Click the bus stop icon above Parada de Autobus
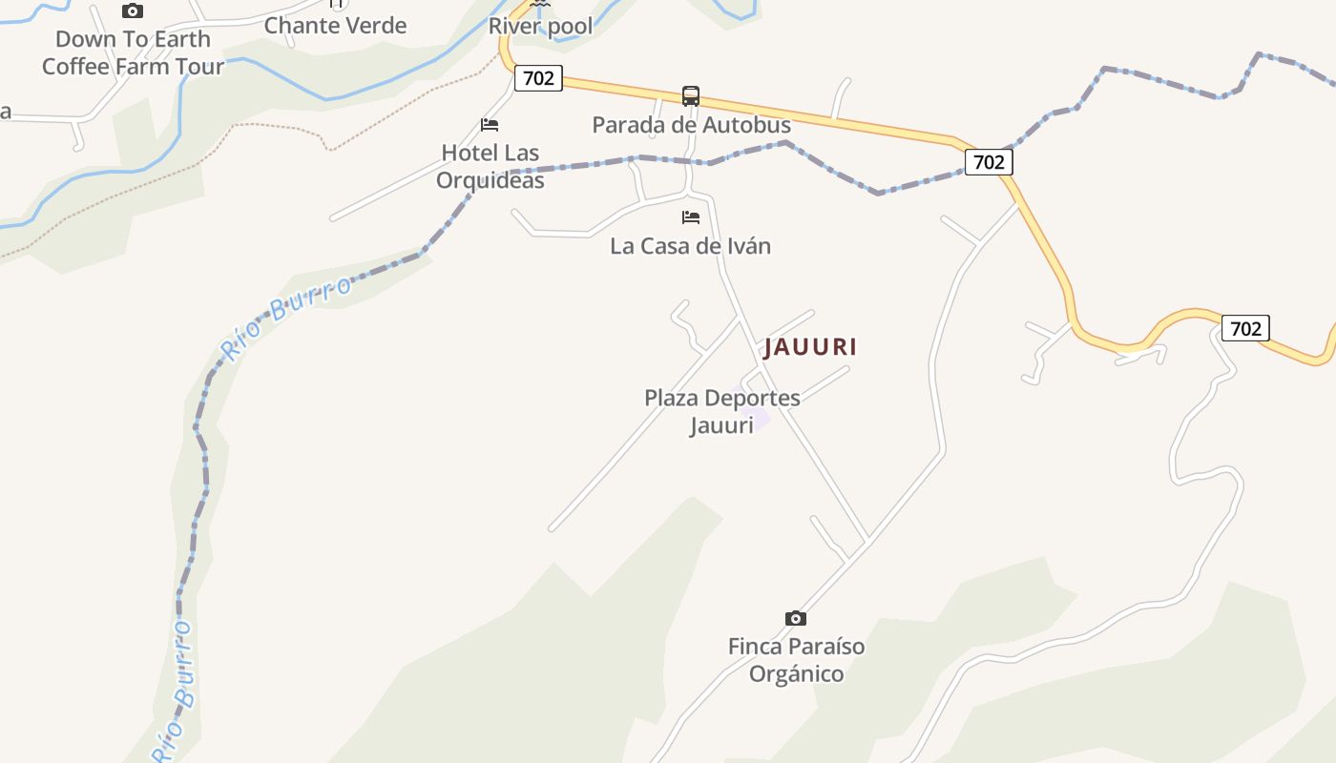691,96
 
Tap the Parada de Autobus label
691,125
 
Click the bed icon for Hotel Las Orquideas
490,125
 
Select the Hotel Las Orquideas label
490,166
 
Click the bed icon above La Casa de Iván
691,217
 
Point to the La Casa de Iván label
690,246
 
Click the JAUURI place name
810,347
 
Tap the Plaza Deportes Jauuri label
721,411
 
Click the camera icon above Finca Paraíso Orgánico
795,619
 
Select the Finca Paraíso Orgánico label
796,660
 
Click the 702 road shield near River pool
538,78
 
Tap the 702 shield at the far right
1245,329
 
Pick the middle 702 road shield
988,162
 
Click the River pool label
540,26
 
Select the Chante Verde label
335,26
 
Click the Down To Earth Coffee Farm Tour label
133,52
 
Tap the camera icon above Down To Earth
133,11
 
